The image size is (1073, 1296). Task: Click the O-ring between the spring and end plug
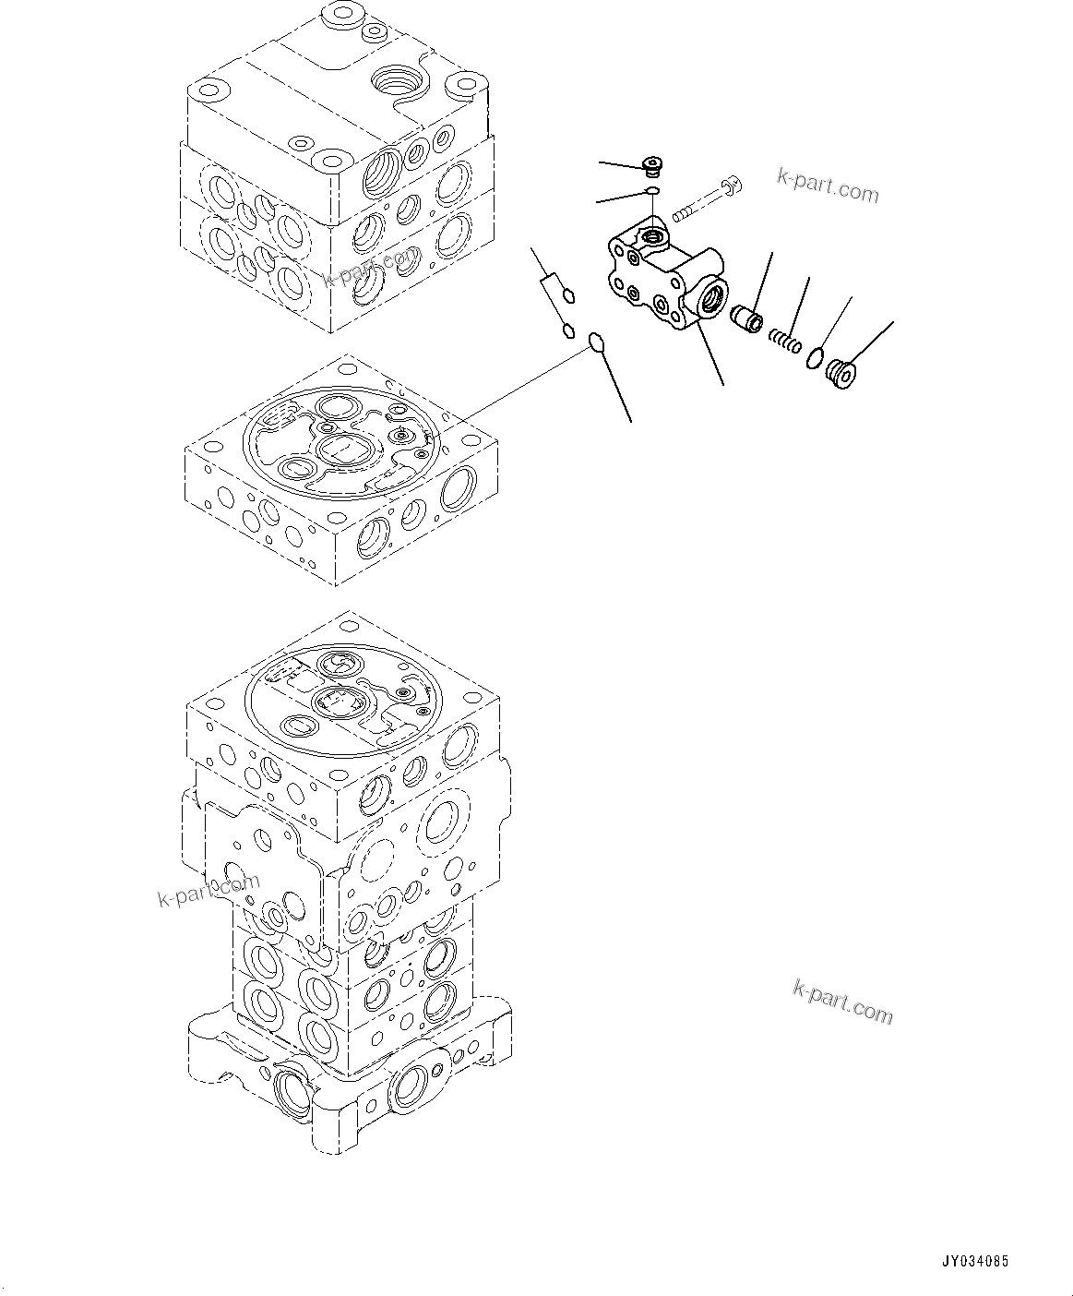815,358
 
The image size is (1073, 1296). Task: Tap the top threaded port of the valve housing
655,239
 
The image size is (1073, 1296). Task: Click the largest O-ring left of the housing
597,343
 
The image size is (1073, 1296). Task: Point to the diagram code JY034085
975,1260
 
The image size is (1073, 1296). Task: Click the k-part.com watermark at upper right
828,186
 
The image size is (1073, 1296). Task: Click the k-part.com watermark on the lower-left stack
209,890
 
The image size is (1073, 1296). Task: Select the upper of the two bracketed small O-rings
570,295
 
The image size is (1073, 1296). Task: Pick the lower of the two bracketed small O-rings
568,329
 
